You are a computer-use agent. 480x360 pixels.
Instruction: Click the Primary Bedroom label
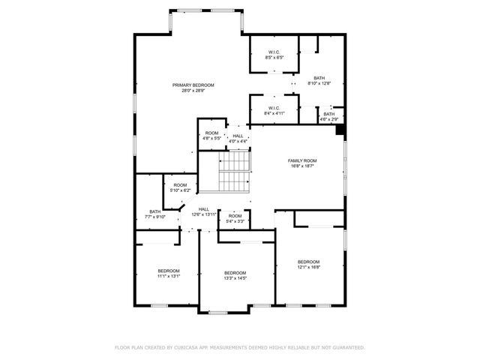point(193,85)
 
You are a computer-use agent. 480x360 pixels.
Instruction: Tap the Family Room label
point(302,160)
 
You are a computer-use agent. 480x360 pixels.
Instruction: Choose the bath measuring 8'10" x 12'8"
point(319,81)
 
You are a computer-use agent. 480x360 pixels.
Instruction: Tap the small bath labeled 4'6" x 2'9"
point(329,116)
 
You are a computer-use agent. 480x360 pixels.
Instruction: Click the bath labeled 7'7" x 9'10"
point(155,214)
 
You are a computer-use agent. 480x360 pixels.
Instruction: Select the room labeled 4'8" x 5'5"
point(211,135)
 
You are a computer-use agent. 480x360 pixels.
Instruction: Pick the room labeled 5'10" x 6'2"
point(180,187)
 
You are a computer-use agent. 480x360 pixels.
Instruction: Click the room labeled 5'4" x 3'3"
point(235,218)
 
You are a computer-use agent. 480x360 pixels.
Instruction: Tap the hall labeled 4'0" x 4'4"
point(238,139)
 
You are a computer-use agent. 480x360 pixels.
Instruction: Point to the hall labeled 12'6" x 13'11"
point(203,211)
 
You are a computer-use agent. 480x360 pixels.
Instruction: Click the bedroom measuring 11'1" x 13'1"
point(168,273)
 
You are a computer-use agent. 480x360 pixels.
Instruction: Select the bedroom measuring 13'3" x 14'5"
point(235,275)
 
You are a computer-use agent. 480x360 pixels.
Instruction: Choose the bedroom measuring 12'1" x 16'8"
point(308,264)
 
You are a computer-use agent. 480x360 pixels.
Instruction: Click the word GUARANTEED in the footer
point(346,348)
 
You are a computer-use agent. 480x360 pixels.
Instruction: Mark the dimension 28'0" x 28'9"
point(193,91)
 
